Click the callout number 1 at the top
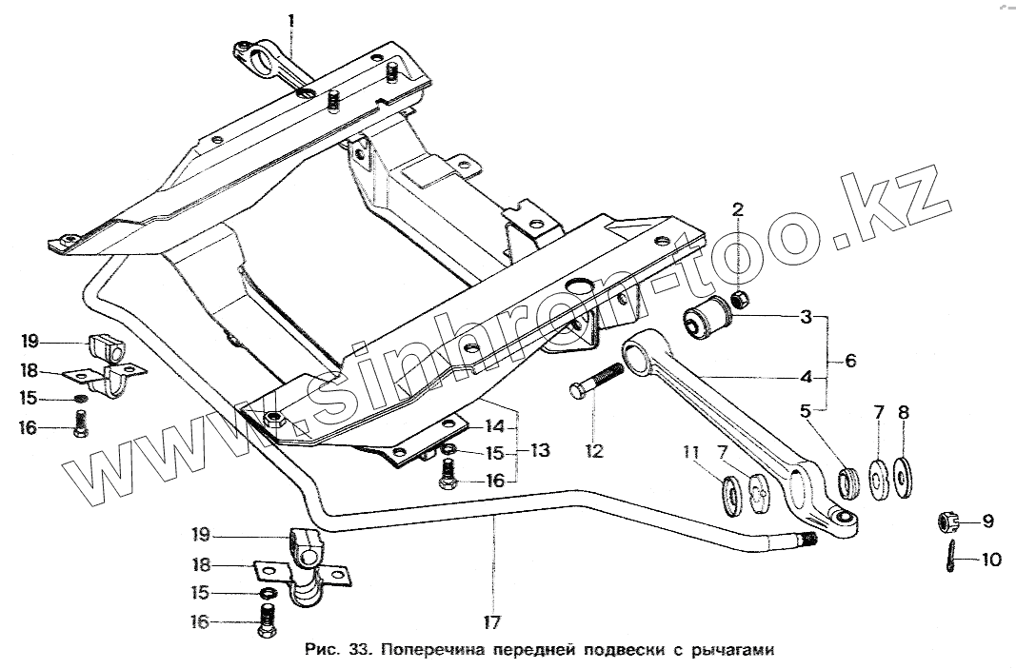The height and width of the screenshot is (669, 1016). click(x=291, y=18)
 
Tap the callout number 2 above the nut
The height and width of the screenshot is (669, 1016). click(x=738, y=210)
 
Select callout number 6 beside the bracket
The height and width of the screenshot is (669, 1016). click(x=850, y=361)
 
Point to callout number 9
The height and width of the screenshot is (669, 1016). click(x=987, y=521)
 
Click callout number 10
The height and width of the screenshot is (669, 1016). click(x=990, y=560)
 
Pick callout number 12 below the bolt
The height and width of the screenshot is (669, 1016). click(x=594, y=451)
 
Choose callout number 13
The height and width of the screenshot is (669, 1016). click(x=540, y=450)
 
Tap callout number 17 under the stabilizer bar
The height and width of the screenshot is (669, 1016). click(x=492, y=623)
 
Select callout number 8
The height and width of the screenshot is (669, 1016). click(x=903, y=412)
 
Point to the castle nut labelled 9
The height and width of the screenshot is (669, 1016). click(x=946, y=521)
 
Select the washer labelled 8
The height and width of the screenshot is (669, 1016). click(x=901, y=473)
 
